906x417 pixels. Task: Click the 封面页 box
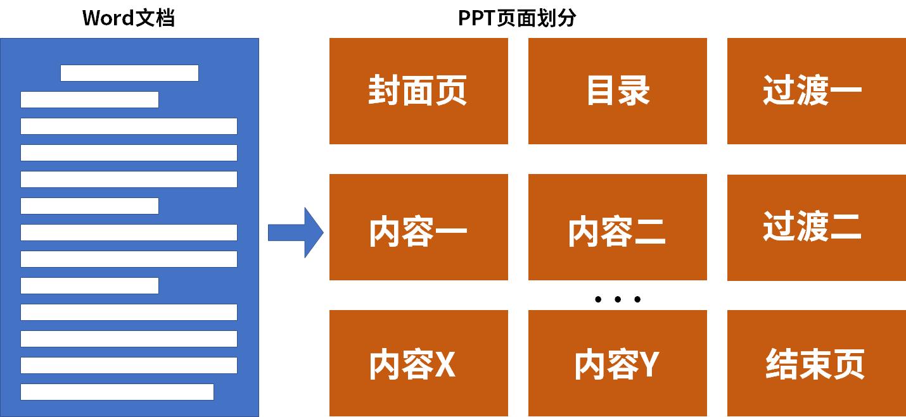click(418, 91)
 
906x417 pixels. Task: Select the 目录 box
click(617, 91)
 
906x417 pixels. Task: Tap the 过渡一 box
click(816, 91)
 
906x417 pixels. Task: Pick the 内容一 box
click(418, 227)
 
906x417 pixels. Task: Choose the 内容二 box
click(617, 227)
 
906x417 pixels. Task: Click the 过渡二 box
click(816, 227)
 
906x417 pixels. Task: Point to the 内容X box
click(418, 363)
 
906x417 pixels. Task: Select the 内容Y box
click(617, 363)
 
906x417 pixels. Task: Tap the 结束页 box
click(816, 363)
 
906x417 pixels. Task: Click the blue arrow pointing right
click(295, 233)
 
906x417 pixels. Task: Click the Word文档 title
click(129, 18)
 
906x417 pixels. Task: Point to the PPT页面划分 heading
click(517, 18)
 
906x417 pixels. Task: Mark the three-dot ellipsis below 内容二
click(618, 299)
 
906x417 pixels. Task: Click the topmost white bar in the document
click(129, 73)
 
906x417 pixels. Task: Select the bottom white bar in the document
click(117, 392)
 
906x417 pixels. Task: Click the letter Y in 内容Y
click(648, 364)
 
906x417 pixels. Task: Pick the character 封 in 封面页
click(385, 92)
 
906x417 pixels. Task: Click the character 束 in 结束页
click(815, 364)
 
